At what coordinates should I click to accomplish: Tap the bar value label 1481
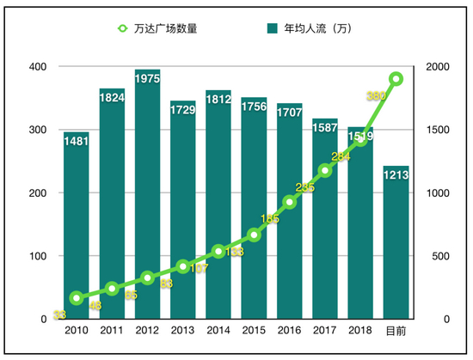(x=77, y=141)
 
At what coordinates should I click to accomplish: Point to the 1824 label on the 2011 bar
(x=112, y=97)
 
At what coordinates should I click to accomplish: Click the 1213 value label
(x=396, y=175)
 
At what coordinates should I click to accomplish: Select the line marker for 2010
(x=77, y=298)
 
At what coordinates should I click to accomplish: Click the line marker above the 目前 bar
(x=396, y=79)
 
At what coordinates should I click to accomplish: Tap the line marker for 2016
(x=290, y=202)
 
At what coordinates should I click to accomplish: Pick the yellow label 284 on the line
(x=341, y=156)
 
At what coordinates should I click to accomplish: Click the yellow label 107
(x=199, y=268)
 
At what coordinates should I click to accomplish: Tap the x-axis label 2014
(x=218, y=331)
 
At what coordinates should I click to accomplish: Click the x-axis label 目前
(x=396, y=331)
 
